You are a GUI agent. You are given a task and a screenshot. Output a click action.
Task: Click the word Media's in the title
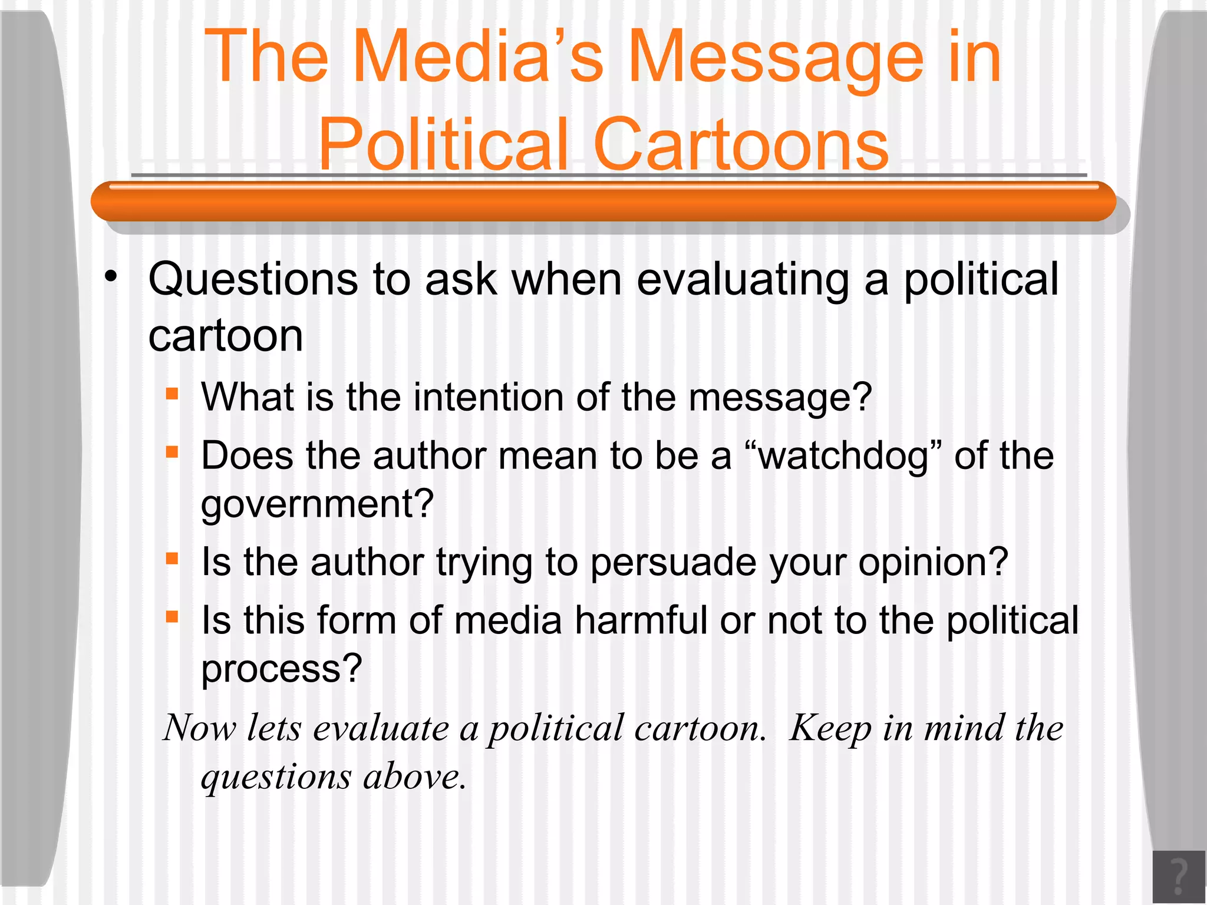pos(478,57)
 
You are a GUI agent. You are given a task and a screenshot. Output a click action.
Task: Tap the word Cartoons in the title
pos(741,145)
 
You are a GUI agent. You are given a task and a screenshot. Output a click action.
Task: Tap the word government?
pos(317,504)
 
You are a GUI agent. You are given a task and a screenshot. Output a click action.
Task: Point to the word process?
pos(282,669)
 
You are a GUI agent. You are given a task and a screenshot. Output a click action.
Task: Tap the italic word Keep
pos(830,728)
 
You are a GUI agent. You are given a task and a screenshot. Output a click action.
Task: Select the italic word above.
pos(414,776)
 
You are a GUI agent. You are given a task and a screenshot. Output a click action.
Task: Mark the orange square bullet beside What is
pos(172,394)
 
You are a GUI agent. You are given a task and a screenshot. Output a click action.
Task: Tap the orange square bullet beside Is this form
pos(172,617)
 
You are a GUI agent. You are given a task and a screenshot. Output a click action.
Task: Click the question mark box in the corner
pos(1179,876)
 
